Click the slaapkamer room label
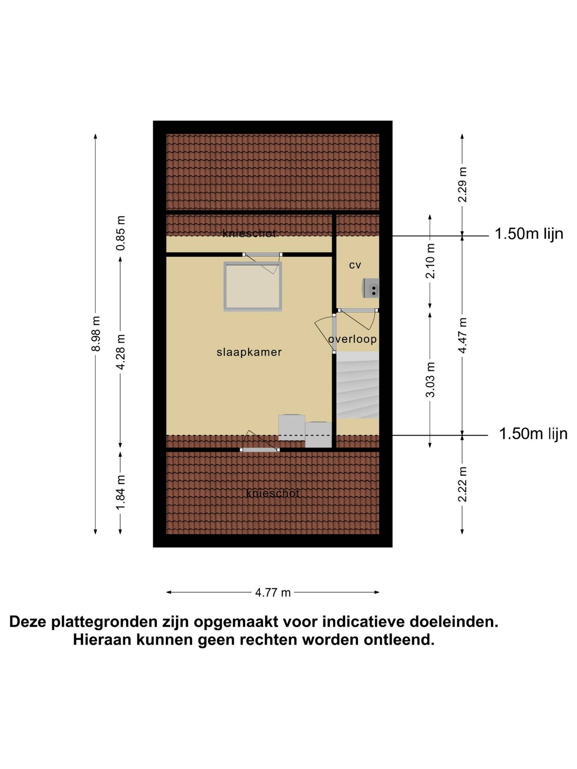[249, 353]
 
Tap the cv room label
[355, 265]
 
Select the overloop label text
[352, 339]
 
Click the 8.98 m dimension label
[96, 334]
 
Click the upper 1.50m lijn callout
[529, 234]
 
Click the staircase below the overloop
[357, 385]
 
